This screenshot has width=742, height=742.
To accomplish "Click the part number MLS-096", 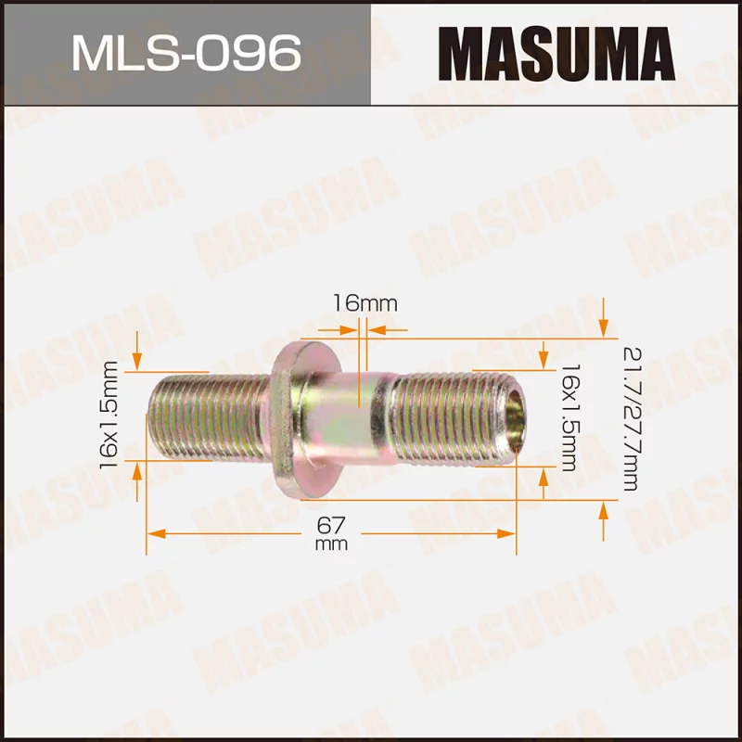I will click(185, 53).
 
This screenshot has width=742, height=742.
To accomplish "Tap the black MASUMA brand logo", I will click(556, 53).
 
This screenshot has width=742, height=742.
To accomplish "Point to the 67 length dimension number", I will click(331, 525).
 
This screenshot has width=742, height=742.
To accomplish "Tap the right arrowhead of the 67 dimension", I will click(507, 534).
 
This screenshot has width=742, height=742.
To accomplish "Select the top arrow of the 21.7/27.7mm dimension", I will click(604, 326).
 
